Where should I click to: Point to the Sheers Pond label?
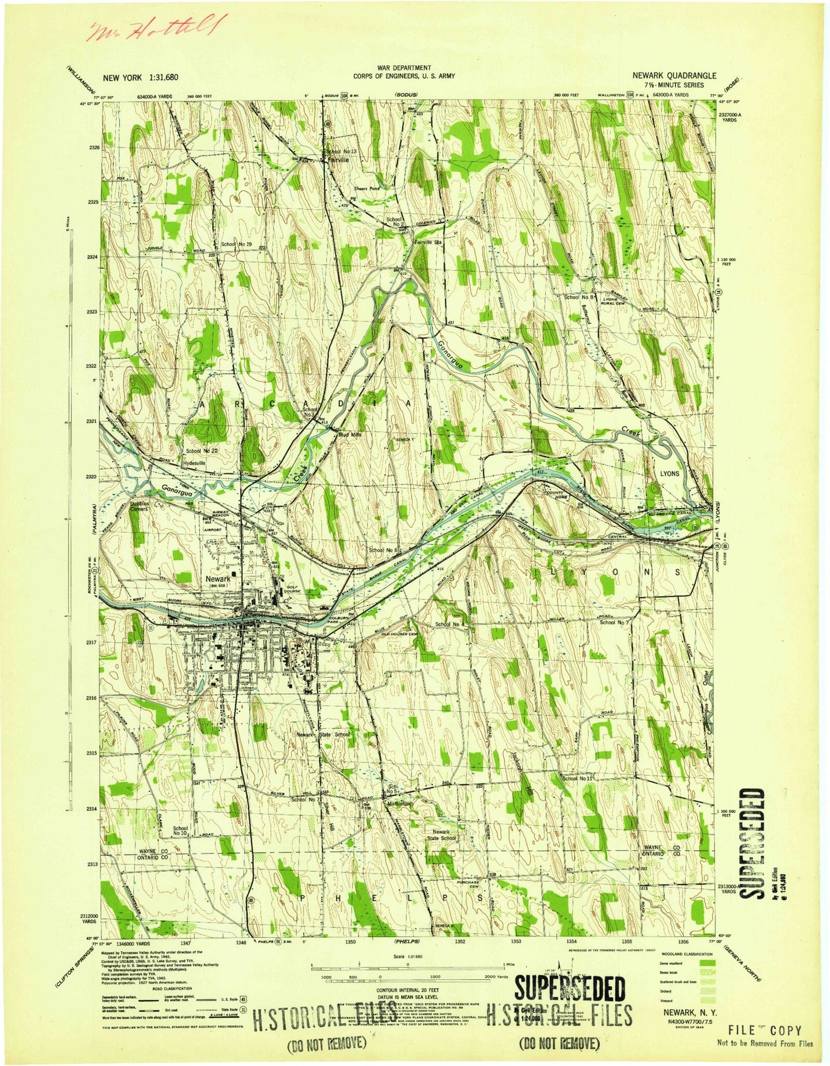pyautogui.click(x=366, y=188)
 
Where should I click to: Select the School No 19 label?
pyautogui.click(x=237, y=245)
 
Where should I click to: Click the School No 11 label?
pyautogui.click(x=577, y=778)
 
